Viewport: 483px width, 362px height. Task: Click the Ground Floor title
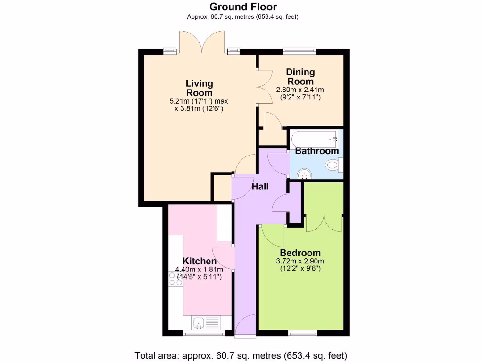point(243,7)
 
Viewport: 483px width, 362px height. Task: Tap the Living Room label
point(199,88)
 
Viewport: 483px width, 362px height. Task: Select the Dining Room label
point(300,77)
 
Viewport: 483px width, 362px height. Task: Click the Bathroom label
point(316,151)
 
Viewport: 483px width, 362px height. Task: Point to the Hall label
point(260,187)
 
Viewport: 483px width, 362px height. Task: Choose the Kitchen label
point(200,261)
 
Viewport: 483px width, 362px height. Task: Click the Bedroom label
point(300,253)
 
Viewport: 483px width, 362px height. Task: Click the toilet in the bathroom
point(333,165)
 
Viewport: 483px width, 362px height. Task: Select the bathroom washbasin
point(305,175)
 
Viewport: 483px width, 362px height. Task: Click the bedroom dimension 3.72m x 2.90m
point(300,262)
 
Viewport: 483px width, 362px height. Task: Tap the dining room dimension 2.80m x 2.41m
point(300,90)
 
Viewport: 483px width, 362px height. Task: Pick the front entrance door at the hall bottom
point(245,326)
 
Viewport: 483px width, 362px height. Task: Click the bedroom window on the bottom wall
point(302,334)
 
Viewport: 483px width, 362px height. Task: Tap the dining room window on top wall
point(299,50)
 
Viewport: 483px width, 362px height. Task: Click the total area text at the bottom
point(241,354)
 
